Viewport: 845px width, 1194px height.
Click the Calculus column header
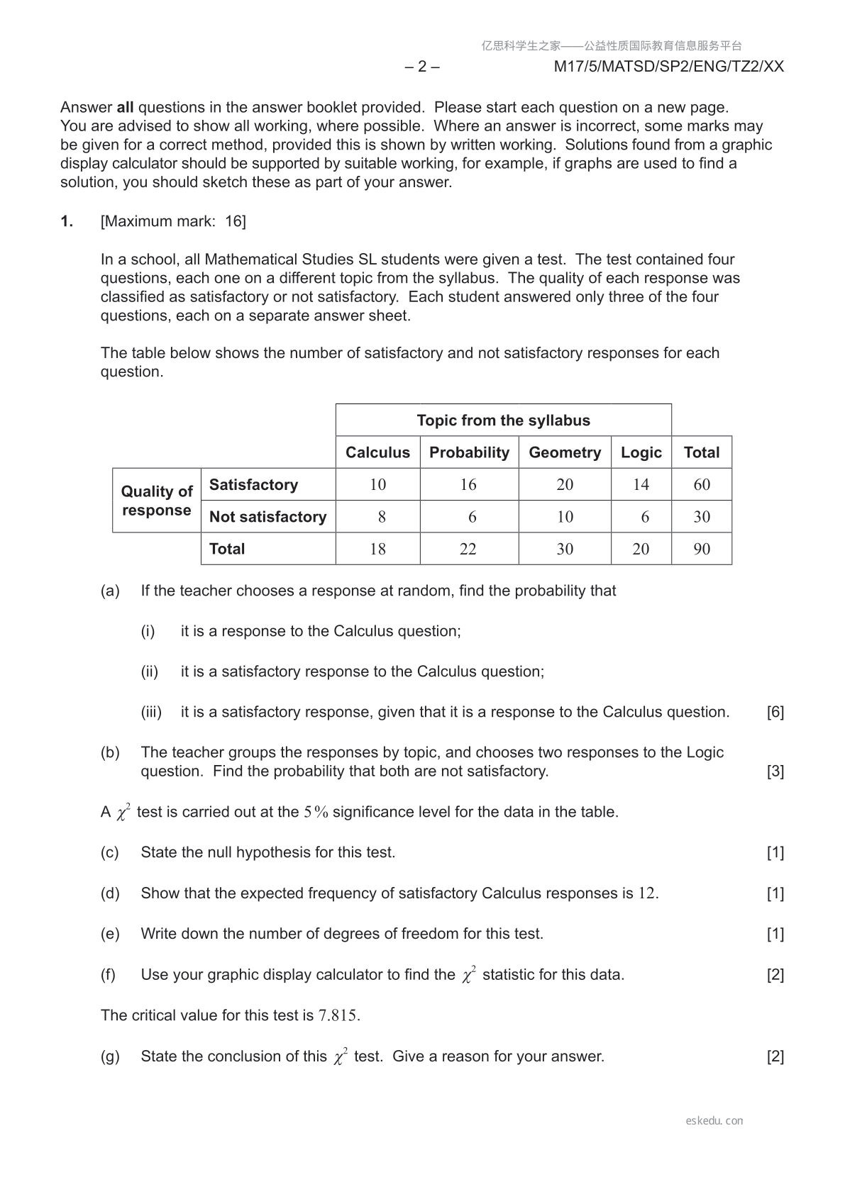click(x=377, y=452)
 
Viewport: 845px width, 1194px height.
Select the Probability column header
click(x=469, y=452)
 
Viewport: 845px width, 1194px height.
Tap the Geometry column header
click(x=565, y=452)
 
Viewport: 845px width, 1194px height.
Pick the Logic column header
click(x=641, y=452)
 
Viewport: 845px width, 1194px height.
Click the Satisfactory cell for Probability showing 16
click(x=468, y=484)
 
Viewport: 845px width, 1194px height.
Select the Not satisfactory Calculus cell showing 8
click(x=382, y=517)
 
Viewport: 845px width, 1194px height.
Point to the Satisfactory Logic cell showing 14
click(x=641, y=484)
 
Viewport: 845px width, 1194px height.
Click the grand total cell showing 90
click(x=701, y=549)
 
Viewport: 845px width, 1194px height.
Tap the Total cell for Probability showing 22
click(x=468, y=549)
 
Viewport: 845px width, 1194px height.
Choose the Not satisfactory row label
click(x=267, y=517)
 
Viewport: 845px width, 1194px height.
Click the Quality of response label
click(x=157, y=501)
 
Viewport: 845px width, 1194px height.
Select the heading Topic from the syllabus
click(x=503, y=420)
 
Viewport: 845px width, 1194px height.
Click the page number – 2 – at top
click(x=422, y=67)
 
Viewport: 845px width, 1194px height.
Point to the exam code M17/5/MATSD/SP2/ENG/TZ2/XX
click(x=668, y=67)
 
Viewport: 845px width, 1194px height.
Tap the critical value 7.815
click(x=338, y=1015)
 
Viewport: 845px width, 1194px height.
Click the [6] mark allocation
click(x=775, y=712)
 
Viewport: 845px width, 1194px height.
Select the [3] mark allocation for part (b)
click(x=775, y=771)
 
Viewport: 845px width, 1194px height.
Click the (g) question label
click(x=110, y=1056)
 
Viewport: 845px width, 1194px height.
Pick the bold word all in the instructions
click(x=126, y=108)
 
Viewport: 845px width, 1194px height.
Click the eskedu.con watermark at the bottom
click(x=714, y=1121)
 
